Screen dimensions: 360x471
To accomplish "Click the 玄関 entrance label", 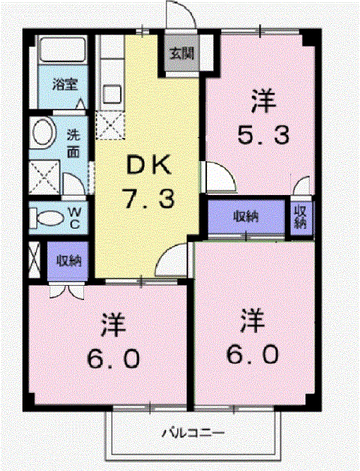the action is [x=182, y=53].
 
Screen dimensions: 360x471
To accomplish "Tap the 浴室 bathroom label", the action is [x=65, y=85].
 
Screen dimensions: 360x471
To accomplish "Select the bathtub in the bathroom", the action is [x=62, y=49].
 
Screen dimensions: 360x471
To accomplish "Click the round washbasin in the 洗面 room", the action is [x=44, y=133].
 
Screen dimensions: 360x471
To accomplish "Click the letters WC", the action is [x=74, y=218].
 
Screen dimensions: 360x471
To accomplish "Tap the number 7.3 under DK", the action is [x=149, y=198].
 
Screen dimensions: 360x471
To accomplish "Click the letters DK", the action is [x=149, y=164].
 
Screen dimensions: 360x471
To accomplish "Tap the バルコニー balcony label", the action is [x=193, y=433].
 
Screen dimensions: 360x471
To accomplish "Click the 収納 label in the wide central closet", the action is [x=247, y=217].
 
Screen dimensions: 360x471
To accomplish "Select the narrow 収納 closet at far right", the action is [x=301, y=217].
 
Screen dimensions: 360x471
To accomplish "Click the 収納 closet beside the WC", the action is [x=68, y=261].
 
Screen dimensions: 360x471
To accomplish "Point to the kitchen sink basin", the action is [x=112, y=94].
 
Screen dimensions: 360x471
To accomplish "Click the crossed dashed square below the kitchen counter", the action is [x=110, y=125].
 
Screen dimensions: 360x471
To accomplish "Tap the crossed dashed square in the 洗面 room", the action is [x=44, y=177].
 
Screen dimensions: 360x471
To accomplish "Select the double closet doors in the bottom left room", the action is [x=66, y=291].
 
